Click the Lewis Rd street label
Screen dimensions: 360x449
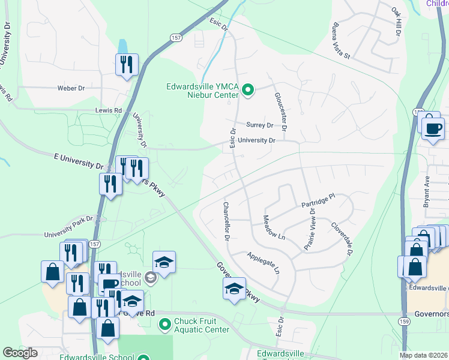coord(108,110)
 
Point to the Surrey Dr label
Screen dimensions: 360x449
coord(259,125)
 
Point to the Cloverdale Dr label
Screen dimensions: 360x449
coord(341,239)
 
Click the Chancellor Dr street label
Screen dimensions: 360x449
coord(226,221)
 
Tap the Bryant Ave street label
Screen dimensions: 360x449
coord(427,192)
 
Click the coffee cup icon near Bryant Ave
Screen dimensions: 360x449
coord(432,127)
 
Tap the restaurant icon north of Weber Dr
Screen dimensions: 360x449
coord(127,64)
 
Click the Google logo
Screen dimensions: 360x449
coord(20,353)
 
